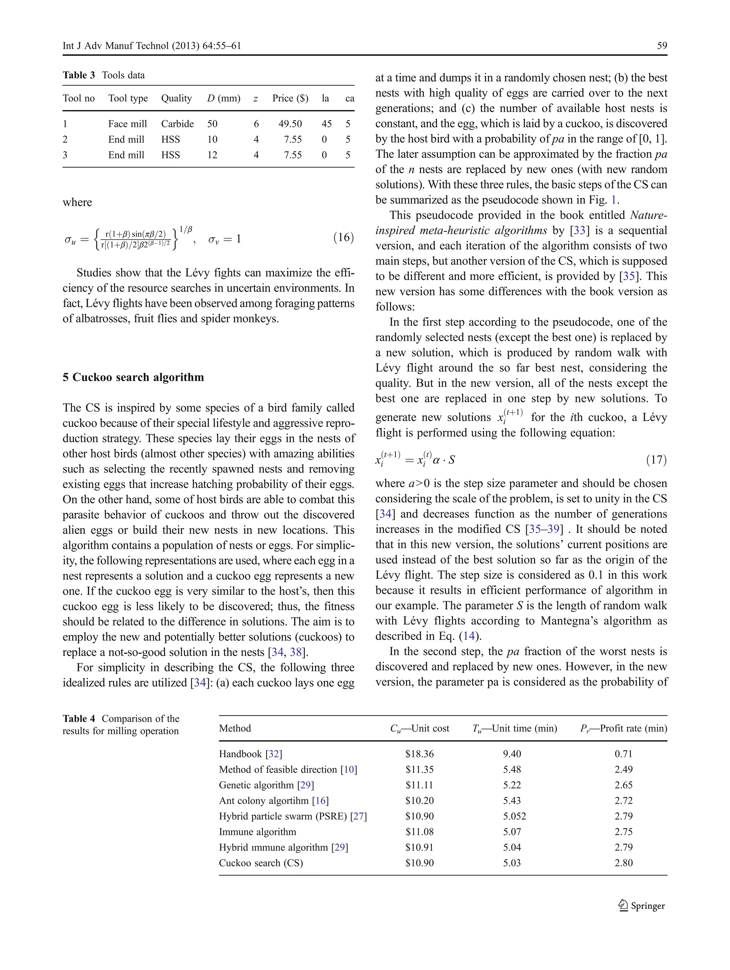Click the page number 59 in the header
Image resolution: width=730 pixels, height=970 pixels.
coord(662,46)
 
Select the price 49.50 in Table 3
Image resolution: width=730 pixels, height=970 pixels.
coord(290,124)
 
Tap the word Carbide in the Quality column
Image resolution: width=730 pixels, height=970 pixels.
coord(177,124)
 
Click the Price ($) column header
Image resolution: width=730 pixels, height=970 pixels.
coord(290,98)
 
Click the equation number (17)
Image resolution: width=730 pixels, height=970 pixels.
coord(656,460)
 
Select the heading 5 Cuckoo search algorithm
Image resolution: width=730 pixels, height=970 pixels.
coord(133,377)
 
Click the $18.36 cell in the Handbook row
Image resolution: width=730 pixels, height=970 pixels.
coord(419,754)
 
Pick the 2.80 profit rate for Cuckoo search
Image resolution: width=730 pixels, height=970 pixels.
coord(623,863)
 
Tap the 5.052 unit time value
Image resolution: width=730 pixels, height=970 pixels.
coord(514,816)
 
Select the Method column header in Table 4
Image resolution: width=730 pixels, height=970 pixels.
coord(235,728)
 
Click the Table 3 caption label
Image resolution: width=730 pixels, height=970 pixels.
coord(78,75)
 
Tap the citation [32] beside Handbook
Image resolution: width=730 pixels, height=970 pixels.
coord(274,754)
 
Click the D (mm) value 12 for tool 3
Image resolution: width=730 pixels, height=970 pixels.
coord(212,155)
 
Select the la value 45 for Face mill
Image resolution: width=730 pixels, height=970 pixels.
coord(326,124)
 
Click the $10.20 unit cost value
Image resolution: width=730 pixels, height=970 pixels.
coord(419,800)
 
